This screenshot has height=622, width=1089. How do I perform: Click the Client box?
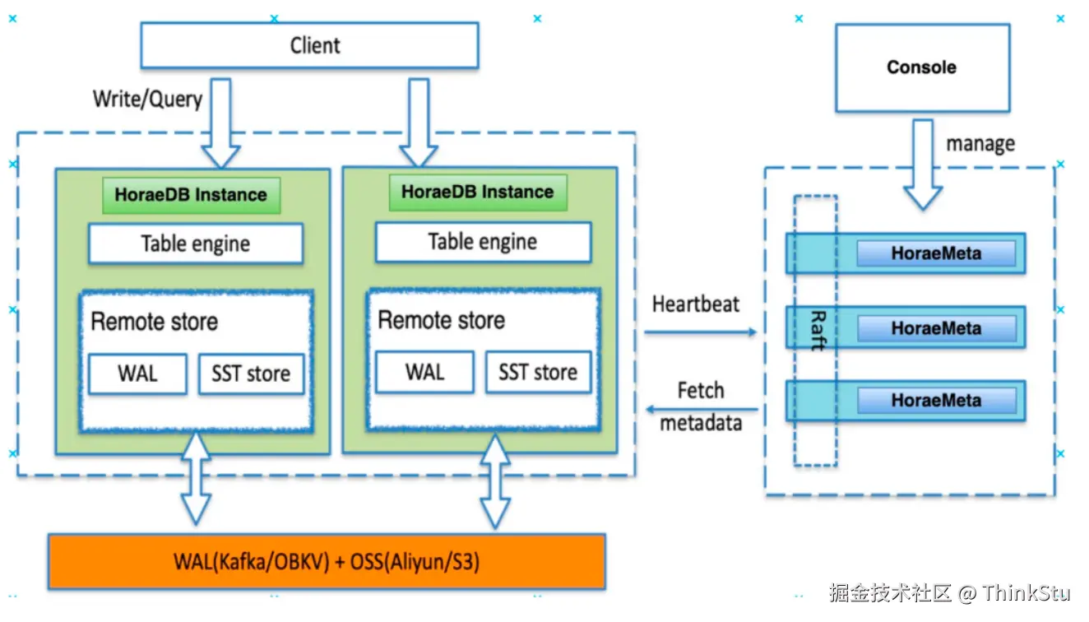tap(309, 45)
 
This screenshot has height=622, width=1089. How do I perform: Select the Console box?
tap(922, 67)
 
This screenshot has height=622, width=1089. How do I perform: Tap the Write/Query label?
tap(147, 100)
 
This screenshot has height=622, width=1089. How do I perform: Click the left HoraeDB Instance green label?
tap(191, 195)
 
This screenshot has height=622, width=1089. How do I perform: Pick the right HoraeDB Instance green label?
tap(477, 192)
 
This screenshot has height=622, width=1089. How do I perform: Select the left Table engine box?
tap(196, 244)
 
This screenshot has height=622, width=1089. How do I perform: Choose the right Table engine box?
tap(483, 242)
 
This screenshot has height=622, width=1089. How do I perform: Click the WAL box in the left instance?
tap(137, 374)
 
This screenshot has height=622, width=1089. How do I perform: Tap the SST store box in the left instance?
tap(251, 374)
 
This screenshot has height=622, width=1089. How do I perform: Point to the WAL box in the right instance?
tap(424, 372)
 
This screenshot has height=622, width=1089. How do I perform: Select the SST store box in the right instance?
tap(538, 372)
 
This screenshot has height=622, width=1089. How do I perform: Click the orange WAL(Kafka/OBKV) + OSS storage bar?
tap(327, 562)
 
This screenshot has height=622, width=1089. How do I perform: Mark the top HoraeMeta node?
tap(936, 253)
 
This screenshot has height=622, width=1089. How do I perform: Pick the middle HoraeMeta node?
tap(936, 328)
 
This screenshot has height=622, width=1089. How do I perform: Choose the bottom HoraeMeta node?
tap(936, 401)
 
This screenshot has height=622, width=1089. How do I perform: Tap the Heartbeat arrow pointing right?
tap(700, 332)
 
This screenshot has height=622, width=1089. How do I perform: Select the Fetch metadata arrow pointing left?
tap(700, 409)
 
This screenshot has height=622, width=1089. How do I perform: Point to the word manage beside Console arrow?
tap(980, 144)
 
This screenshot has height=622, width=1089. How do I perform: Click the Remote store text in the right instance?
tap(442, 320)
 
